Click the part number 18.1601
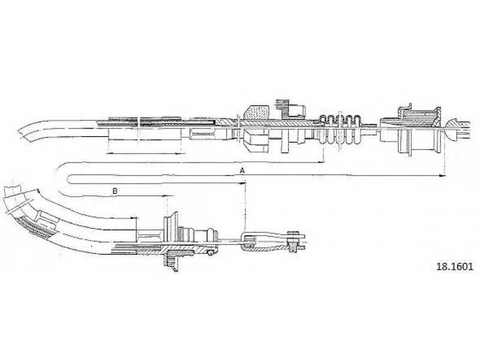[454, 266]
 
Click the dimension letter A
[242, 170]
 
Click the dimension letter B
[115, 191]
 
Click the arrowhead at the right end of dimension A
[442, 176]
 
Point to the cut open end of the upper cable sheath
[26, 131]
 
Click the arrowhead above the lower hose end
[133, 218]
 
